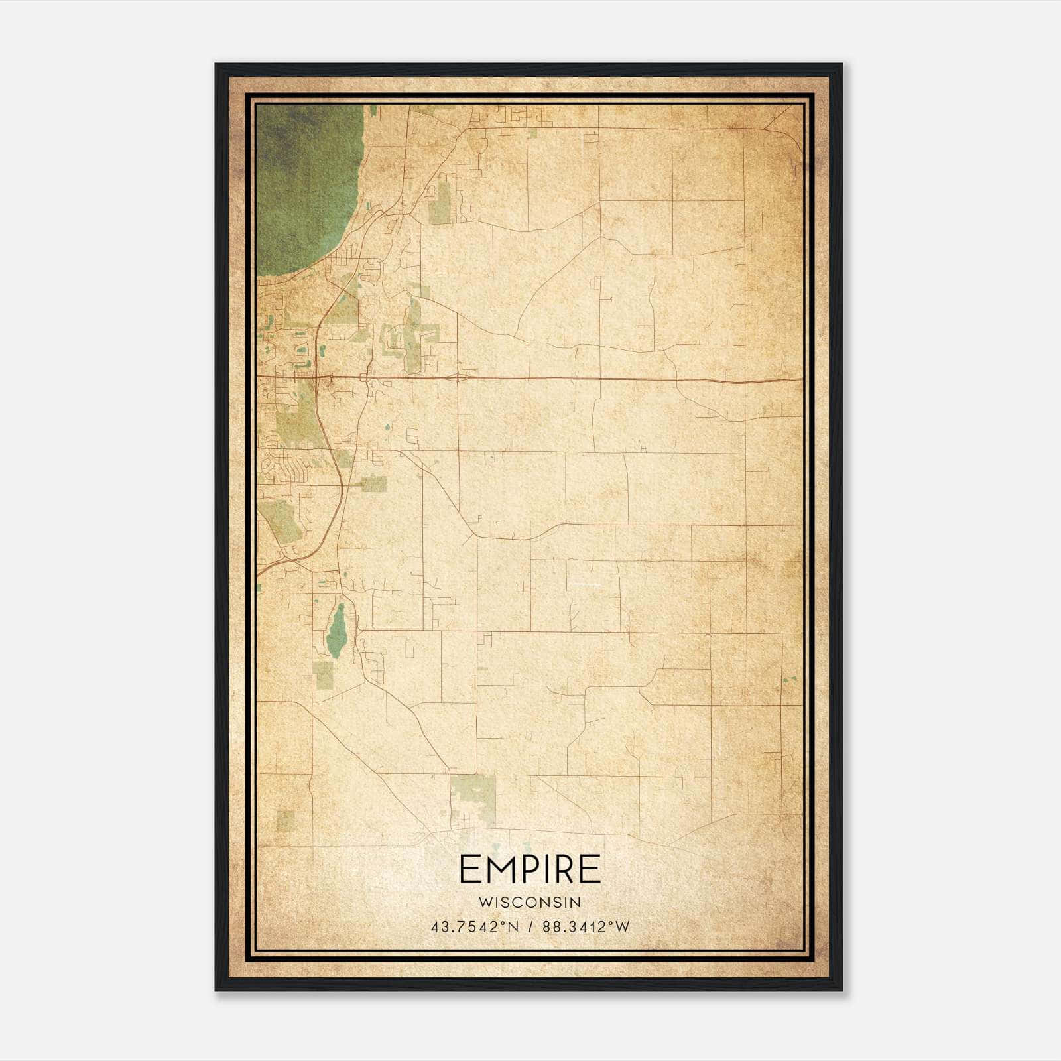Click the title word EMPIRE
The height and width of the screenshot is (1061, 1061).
(530, 870)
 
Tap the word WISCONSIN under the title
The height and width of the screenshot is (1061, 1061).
(530, 903)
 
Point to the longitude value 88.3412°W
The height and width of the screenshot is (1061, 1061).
(586, 928)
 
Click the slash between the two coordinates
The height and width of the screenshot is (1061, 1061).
(531, 928)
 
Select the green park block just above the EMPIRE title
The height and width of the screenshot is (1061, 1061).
(472, 796)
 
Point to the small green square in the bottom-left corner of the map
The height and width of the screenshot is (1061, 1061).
(285, 820)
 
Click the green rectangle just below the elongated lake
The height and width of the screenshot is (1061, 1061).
(323, 675)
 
